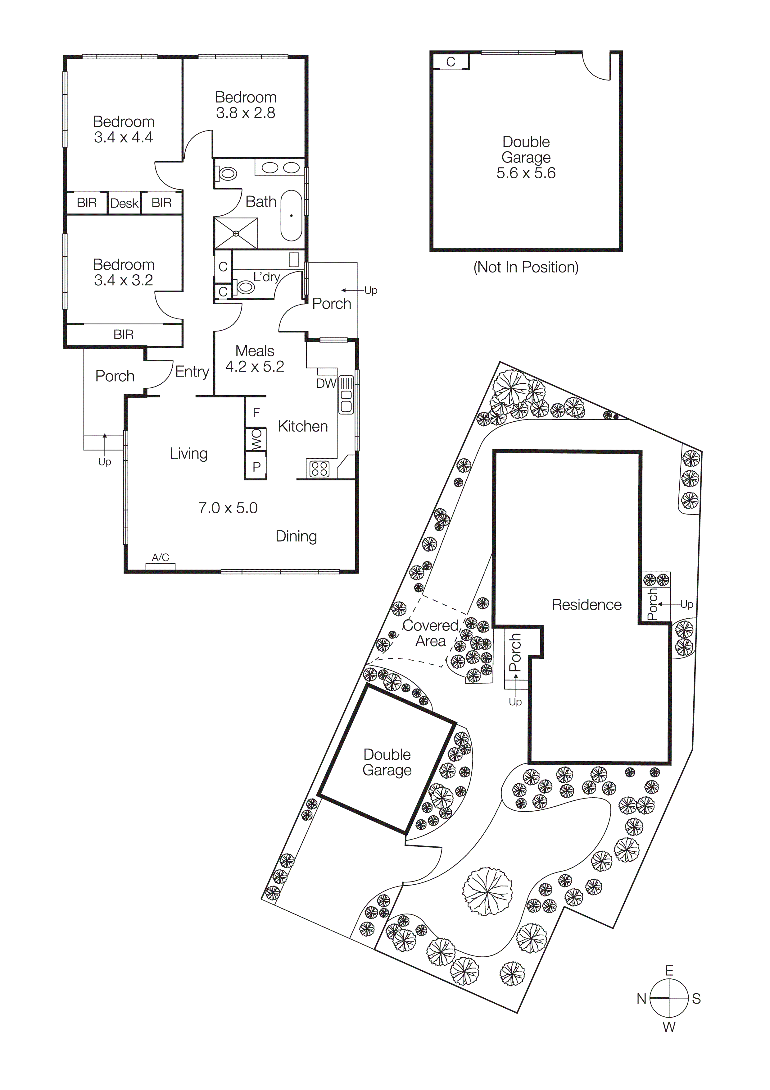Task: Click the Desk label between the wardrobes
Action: click(x=124, y=203)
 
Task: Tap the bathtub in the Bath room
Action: click(x=291, y=216)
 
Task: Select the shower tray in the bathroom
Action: click(x=236, y=233)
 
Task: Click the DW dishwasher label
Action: click(x=326, y=383)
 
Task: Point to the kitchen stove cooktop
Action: click(x=319, y=469)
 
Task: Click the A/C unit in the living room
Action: click(x=160, y=566)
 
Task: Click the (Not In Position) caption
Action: click(x=526, y=267)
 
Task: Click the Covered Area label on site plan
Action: click(x=430, y=633)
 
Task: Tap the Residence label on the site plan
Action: click(x=587, y=605)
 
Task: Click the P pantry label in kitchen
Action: click(x=256, y=467)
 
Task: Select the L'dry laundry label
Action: click(x=266, y=277)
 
